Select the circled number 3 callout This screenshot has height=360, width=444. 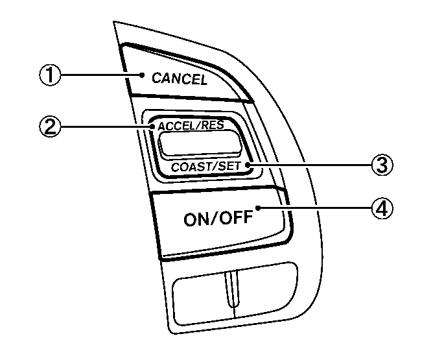pos(382,165)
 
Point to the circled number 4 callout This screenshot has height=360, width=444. pos(382,208)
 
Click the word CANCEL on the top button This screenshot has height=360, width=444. pos(179,79)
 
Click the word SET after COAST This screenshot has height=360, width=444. pos(229,166)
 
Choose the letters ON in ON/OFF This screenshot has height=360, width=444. pos(196,219)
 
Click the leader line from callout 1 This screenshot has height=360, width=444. pos(104,75)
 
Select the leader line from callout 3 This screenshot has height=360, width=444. pos(311,165)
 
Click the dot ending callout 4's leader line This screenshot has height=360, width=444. pos(259,208)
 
